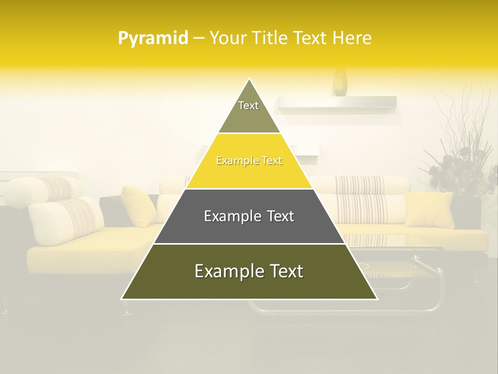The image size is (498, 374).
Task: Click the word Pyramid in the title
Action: (153, 38)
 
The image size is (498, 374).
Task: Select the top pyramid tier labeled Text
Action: (249, 112)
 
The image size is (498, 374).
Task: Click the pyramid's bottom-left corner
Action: (122, 299)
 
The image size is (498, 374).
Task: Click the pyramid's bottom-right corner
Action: (377, 299)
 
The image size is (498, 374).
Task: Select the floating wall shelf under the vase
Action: (337, 105)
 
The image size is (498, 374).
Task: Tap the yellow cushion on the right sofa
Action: (428, 209)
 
